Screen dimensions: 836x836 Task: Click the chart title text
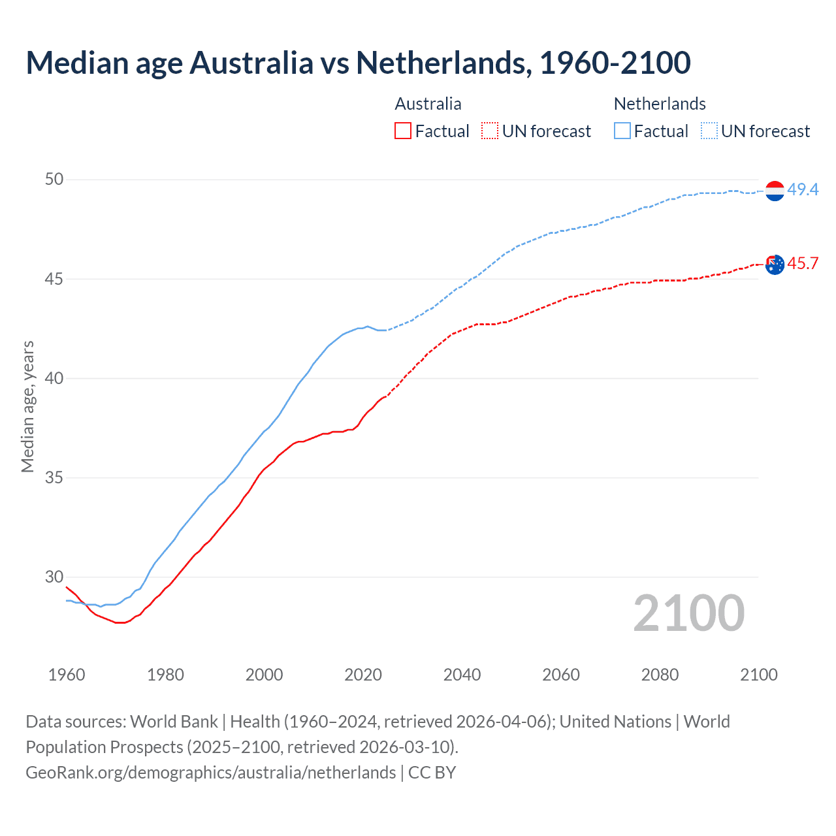[x=358, y=63]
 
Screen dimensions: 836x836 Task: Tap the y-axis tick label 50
[x=54, y=180]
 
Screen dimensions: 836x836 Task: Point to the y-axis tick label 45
[x=54, y=279]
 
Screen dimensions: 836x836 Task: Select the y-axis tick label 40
[x=54, y=378]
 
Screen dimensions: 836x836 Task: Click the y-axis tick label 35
[x=54, y=477]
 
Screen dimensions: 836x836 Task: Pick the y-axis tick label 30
[x=54, y=577]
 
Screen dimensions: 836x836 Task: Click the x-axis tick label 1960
[x=67, y=675]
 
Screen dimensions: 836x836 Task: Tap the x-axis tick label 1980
[x=165, y=675]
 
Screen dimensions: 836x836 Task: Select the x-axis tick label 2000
[x=264, y=675]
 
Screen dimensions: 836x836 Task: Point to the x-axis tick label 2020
[x=363, y=675]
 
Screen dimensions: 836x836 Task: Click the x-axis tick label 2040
[x=462, y=675]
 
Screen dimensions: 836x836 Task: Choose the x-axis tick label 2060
[x=561, y=675]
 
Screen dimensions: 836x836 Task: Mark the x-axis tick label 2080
[x=660, y=675]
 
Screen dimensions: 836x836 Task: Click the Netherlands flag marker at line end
[x=775, y=191]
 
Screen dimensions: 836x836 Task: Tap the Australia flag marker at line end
[x=775, y=265]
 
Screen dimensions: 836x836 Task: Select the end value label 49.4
[x=803, y=189]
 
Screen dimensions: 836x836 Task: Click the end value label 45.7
[x=803, y=263]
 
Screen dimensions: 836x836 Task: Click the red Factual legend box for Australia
[x=403, y=131]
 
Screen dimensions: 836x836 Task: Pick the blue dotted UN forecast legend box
[x=709, y=131]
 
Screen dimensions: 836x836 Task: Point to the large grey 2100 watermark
[x=688, y=613]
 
